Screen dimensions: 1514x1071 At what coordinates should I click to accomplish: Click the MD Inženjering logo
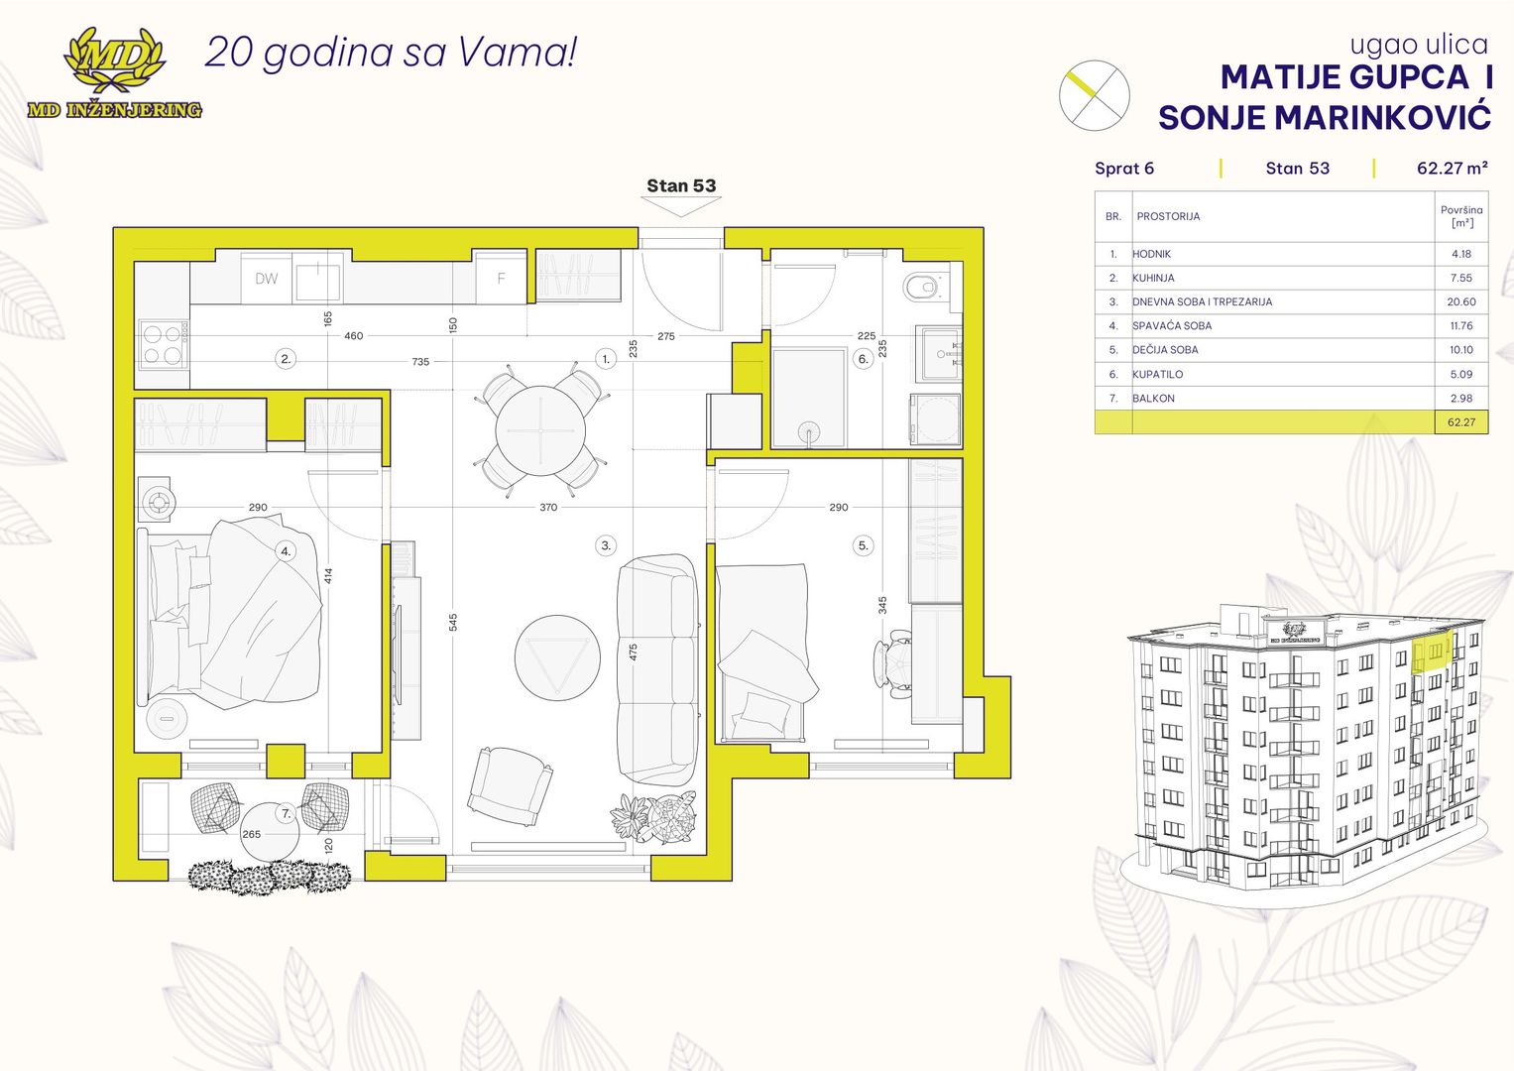[115, 73]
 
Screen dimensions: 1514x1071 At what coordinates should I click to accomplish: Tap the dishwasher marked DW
[267, 278]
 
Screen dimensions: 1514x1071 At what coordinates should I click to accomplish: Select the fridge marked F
[501, 278]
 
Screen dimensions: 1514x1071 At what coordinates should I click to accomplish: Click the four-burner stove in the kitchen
[163, 344]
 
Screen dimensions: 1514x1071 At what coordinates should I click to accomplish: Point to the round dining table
[540, 430]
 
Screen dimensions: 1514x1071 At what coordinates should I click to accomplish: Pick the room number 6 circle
[864, 359]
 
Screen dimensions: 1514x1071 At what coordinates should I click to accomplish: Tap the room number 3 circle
[606, 545]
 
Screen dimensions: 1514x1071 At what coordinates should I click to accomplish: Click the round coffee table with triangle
[557, 657]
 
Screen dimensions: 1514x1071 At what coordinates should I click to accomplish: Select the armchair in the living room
[510, 786]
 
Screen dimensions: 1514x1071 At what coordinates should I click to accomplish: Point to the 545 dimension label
[453, 622]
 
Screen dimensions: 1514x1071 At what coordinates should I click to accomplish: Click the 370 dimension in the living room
[548, 507]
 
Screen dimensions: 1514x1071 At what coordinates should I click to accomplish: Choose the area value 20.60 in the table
[1461, 301]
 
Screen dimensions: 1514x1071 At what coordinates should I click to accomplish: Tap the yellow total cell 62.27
[1461, 421]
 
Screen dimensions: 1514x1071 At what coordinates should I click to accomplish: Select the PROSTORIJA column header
[1168, 216]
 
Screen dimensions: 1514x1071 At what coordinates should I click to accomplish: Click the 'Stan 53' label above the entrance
[681, 185]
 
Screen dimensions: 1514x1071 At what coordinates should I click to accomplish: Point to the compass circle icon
[1094, 95]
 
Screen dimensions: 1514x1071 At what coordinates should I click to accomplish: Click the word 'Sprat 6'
[1124, 169]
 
